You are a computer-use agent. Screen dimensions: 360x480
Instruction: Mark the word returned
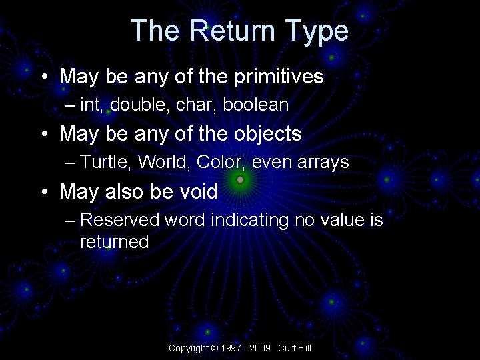[114, 241]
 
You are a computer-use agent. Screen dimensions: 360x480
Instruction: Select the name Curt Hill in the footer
[295, 348]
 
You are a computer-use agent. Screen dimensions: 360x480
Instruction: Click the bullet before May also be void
[43, 192]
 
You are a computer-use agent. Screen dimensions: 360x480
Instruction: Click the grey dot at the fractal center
[240, 179]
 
